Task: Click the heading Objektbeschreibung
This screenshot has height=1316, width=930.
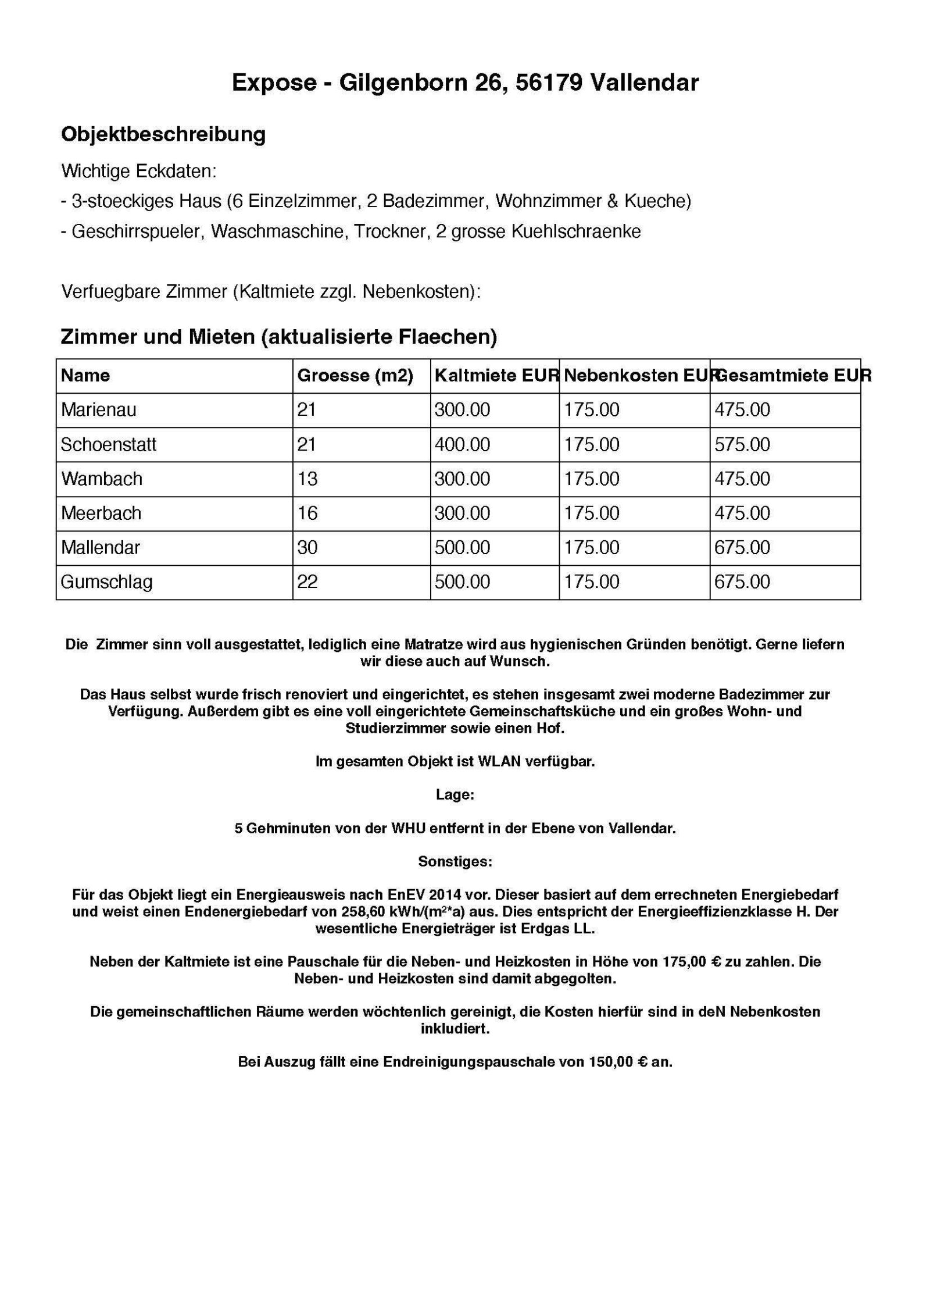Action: pos(163,134)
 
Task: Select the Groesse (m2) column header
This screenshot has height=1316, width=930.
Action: pos(355,376)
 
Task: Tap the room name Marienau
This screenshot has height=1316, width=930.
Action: pos(98,410)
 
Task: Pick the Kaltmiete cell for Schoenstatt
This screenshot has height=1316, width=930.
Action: pos(462,444)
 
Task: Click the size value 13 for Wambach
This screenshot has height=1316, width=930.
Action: pos(307,479)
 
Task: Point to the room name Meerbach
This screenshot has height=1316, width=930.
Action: pos(101,513)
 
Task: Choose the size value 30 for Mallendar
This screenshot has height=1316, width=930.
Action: pos(307,547)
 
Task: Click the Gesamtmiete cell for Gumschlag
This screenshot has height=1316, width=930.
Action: pos(742,582)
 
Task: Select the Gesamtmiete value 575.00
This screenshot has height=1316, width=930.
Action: pos(742,444)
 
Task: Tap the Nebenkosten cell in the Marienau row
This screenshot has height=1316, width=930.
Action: pos(592,410)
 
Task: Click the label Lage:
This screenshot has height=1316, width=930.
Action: pos(455,795)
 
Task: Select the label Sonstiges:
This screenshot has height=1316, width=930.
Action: pos(455,861)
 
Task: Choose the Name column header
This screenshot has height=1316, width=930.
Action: pos(85,376)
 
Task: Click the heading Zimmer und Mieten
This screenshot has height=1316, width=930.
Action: pos(158,337)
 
